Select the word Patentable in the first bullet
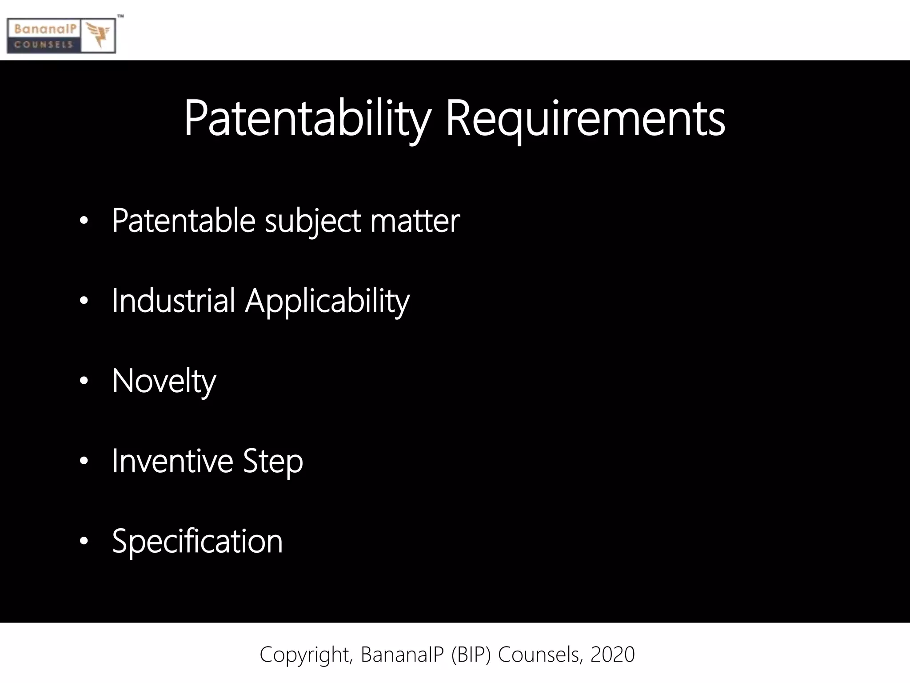[x=184, y=221]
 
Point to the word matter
[x=415, y=221]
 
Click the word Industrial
[x=173, y=301]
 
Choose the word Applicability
[x=327, y=301]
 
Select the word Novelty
[x=164, y=382]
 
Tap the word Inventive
[x=172, y=461]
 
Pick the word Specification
[x=197, y=542]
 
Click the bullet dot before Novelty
[x=84, y=381]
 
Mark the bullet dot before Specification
[x=84, y=541]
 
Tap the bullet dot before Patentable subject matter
[x=84, y=221]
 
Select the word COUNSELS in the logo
[x=44, y=44]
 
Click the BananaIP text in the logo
[x=45, y=29]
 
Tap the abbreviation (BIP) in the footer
[x=471, y=655]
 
